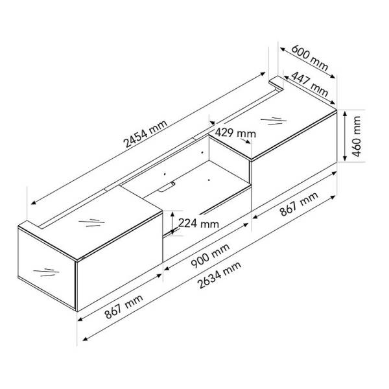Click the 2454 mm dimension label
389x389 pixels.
tap(145, 134)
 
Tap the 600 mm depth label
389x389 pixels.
tap(310, 58)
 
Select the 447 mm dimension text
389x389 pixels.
tap(310, 84)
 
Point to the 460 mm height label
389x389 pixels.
tap(357, 136)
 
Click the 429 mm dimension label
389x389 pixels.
tap(235, 133)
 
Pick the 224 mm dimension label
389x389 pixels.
tap(198, 223)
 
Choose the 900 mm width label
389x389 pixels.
tap(210, 256)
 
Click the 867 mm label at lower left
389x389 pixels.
tap(124, 307)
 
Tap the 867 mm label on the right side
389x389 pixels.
tap(299, 204)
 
